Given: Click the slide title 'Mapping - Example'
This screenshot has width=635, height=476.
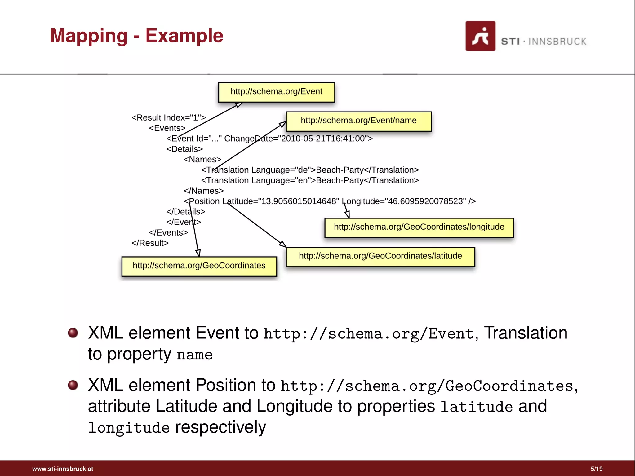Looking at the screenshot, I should click(x=136, y=36).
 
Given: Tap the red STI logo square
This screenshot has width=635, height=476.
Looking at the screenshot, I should click(x=480, y=36).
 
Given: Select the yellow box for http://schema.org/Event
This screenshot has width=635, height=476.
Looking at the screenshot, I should click(x=276, y=92).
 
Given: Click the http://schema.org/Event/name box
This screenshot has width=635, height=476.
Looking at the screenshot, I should click(x=358, y=121).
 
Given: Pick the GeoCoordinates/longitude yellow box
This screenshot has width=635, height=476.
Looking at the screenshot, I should click(x=419, y=227).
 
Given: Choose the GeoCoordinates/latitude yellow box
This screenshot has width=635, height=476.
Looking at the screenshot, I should click(x=380, y=257).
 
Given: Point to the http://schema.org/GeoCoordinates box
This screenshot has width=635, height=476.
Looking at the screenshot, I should click(x=199, y=266).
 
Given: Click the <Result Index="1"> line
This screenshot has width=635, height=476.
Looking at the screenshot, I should click(x=168, y=118).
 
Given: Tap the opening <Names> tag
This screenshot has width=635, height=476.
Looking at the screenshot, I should click(x=202, y=160).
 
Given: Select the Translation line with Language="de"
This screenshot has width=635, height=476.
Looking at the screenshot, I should click(x=310, y=170).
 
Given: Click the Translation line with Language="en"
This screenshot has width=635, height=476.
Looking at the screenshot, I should click(x=310, y=180).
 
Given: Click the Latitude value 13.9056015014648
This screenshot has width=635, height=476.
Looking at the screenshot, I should click(x=298, y=201).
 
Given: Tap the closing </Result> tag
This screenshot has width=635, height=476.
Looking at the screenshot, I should click(x=150, y=243).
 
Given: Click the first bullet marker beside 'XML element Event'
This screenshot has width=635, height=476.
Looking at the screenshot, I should click(x=73, y=333).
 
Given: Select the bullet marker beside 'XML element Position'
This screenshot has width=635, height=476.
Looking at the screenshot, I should click(x=73, y=385).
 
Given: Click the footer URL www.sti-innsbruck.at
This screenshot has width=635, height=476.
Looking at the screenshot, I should click(x=63, y=469).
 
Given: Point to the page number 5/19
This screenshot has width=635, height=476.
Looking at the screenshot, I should click(x=596, y=469).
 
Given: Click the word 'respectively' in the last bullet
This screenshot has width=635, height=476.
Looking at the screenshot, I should click(x=220, y=427).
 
